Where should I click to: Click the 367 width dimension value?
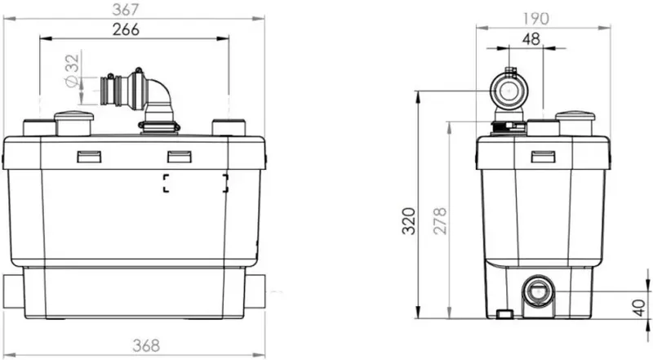[126, 10]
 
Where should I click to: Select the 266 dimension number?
[126, 29]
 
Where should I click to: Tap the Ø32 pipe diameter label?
[72, 71]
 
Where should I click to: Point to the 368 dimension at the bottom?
[146, 345]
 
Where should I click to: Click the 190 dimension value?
[535, 19]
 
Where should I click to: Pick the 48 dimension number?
[531, 39]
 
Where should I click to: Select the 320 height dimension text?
[409, 221]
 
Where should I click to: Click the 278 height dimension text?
[440, 221]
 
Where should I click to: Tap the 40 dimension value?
[639, 308]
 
